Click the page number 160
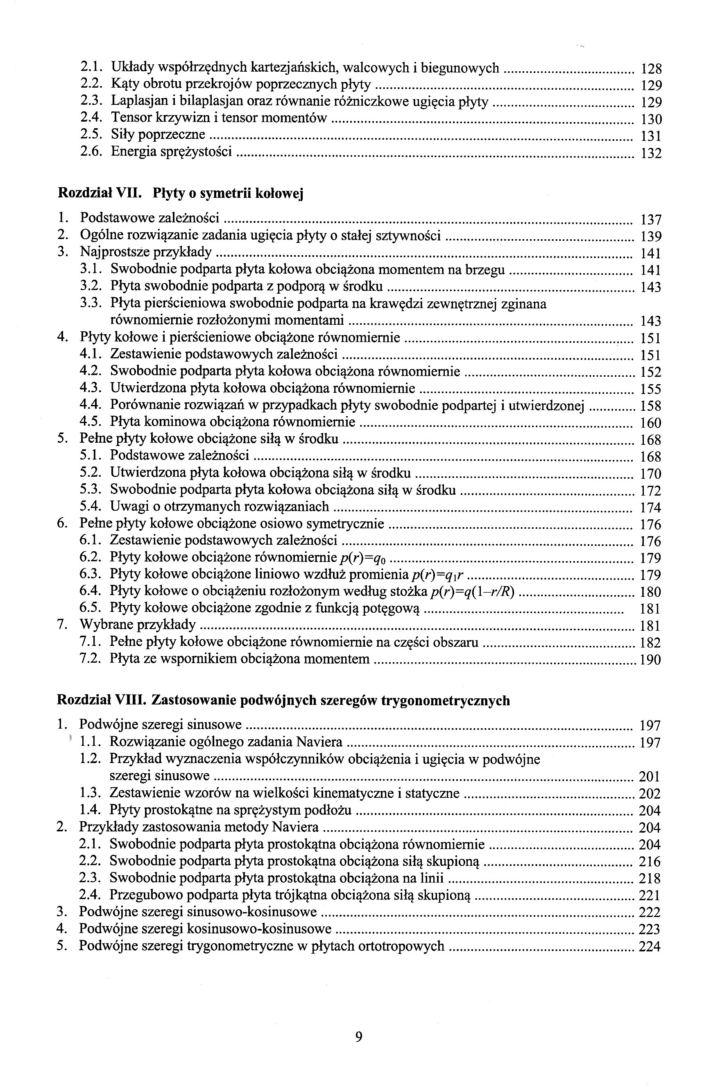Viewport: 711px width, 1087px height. coord(651,423)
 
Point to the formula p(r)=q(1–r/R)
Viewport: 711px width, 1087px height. coord(473,591)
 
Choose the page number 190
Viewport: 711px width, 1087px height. coord(650,660)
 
